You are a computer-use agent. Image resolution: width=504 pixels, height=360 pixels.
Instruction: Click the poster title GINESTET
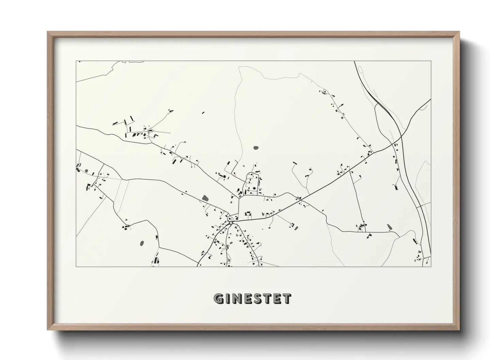pyautogui.click(x=252, y=299)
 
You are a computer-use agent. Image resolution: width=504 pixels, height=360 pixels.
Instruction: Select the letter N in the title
pyautogui.click(x=237, y=299)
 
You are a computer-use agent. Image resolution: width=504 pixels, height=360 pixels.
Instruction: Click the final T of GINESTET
pyautogui.click(x=287, y=299)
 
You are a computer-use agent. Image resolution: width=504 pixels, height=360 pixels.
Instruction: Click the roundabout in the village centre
pyautogui.click(x=231, y=223)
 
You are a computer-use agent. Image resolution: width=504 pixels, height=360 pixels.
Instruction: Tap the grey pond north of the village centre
pyautogui.click(x=256, y=148)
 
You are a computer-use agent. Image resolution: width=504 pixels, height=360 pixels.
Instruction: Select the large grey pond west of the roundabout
pyautogui.click(x=205, y=198)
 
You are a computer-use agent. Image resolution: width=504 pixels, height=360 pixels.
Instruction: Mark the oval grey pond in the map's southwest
pyautogui.click(x=142, y=243)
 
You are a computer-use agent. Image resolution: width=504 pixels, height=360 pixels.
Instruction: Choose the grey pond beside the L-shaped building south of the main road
pyautogui.click(x=296, y=227)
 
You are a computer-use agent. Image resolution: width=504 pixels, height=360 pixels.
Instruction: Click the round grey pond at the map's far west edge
pyautogui.click(x=86, y=170)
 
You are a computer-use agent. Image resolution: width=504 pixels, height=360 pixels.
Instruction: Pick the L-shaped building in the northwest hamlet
pyautogui.click(x=156, y=135)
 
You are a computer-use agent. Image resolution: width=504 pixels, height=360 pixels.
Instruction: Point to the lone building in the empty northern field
pyautogui.click(x=203, y=112)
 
